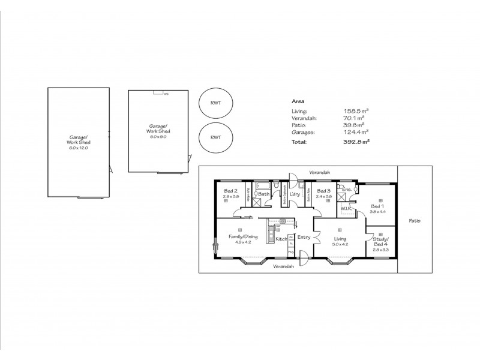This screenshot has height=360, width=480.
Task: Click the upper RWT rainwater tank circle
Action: tap(215, 103)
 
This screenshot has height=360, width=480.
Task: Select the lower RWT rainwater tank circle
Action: tap(215, 137)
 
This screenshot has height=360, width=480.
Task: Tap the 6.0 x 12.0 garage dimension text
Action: tap(78, 147)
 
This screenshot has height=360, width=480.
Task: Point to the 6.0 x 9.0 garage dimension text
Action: tap(158, 136)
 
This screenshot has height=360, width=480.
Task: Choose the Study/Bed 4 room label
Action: tap(380, 242)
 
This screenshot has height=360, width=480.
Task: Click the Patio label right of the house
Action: tap(414, 220)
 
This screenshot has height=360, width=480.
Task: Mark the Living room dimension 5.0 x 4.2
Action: tap(340, 244)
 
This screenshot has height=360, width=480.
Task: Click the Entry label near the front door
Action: tap(304, 237)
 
